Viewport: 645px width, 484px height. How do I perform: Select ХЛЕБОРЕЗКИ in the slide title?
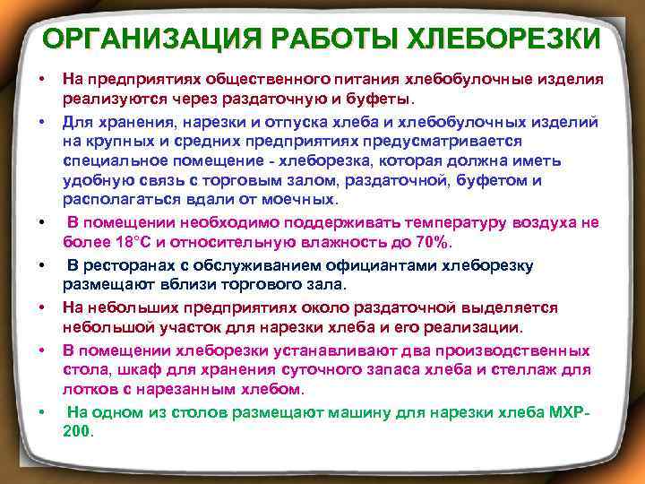(505, 39)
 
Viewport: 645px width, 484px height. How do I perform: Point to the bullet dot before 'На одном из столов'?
(42, 411)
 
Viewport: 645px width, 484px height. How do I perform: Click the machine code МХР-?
(570, 411)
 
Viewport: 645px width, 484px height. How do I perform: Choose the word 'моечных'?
(297, 199)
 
